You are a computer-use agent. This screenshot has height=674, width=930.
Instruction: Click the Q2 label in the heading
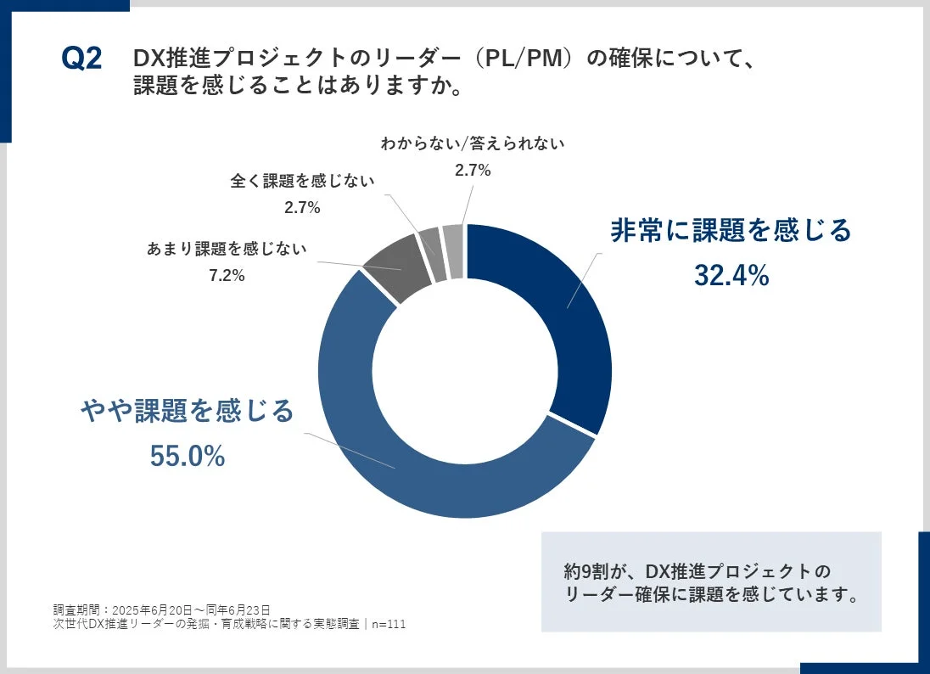point(81,59)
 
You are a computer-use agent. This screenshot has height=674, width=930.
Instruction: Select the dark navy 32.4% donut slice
point(560,314)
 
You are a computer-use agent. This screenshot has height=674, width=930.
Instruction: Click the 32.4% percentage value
point(731,275)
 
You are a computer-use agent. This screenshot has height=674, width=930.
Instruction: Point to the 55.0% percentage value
point(188,456)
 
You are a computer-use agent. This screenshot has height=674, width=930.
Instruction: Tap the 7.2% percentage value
point(227,275)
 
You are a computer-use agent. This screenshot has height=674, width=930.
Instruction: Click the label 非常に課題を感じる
point(731,231)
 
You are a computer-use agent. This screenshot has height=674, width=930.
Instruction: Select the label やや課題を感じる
point(188,411)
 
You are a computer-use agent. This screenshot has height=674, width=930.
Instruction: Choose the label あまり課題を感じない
point(227,250)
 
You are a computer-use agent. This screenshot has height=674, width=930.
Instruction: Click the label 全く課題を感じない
point(301,181)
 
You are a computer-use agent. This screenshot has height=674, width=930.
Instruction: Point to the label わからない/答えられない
point(473,144)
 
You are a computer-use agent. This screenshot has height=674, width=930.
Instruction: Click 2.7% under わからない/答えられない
point(473,170)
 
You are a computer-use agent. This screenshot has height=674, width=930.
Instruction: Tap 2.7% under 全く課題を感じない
point(301,207)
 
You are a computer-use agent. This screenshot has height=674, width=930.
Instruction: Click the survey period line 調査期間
point(161,609)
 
